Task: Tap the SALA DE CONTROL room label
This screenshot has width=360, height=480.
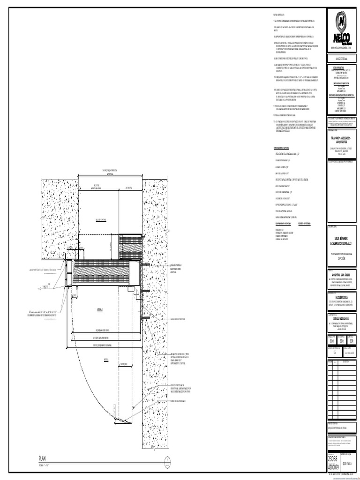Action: tap(102, 219)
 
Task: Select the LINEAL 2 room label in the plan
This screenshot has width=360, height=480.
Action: tap(100, 309)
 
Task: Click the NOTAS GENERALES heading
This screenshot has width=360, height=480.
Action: tap(278, 15)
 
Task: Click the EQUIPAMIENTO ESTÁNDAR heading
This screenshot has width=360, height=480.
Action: tap(284, 225)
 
